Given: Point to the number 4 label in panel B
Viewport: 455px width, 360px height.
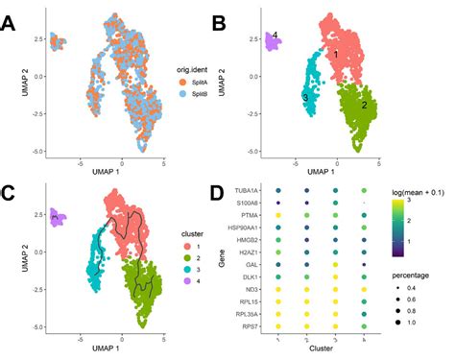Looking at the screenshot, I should point(275,36).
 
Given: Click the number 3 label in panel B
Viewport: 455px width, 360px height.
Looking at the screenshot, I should point(305,98).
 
